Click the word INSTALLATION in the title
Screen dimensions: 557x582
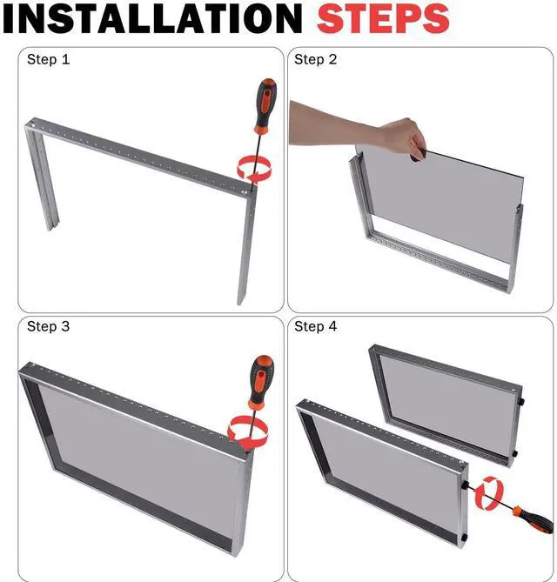(152, 18)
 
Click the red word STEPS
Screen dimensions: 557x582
(383, 18)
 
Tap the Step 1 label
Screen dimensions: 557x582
(48, 59)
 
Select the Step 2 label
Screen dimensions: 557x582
(315, 59)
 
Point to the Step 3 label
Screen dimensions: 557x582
(48, 326)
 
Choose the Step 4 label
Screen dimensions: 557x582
(315, 326)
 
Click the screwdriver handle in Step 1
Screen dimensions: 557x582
(265, 106)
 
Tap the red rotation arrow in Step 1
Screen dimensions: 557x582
(255, 170)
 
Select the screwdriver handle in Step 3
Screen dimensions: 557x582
(261, 382)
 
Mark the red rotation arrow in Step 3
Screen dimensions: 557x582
(248, 432)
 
